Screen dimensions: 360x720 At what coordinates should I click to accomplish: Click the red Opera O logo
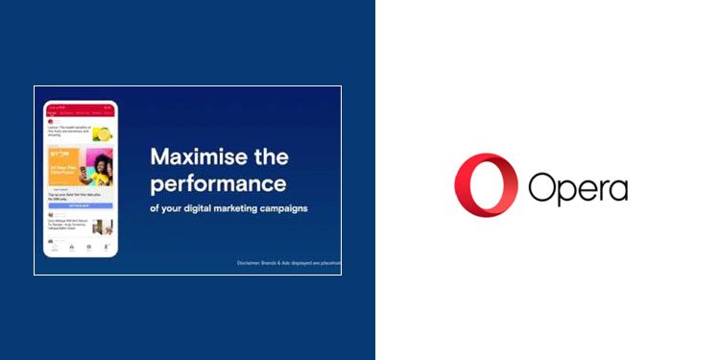pyautogui.click(x=486, y=184)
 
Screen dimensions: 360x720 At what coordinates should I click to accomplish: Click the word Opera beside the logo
pyautogui.click(x=577, y=187)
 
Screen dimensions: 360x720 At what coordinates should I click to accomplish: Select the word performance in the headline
pyautogui.click(x=219, y=182)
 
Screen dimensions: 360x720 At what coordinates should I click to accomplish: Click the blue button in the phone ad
pyautogui.click(x=80, y=205)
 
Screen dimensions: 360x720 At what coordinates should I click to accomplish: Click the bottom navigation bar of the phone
pyautogui.click(x=80, y=248)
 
